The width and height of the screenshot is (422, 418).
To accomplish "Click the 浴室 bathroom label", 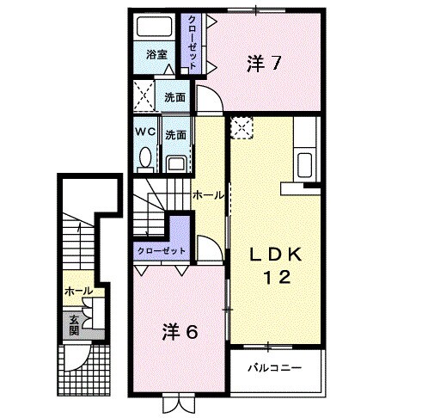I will (155, 53).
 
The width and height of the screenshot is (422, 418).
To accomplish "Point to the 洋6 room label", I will (179, 332).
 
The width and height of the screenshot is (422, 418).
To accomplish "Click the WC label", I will (144, 133).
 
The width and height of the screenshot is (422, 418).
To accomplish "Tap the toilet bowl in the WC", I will (144, 157).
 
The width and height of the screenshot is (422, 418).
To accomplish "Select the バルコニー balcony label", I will (274, 367).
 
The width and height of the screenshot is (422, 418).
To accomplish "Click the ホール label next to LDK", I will (209, 195).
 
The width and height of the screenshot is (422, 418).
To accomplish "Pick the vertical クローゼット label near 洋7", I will (193, 41).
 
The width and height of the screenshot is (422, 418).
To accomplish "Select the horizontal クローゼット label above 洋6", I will (160, 252).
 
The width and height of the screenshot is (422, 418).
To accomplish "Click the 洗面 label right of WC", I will (175, 135).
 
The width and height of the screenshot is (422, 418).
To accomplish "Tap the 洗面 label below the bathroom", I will (174, 97).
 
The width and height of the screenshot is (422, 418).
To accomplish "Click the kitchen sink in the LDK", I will (305, 162).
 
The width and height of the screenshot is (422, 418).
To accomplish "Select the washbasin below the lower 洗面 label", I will (176, 162).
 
